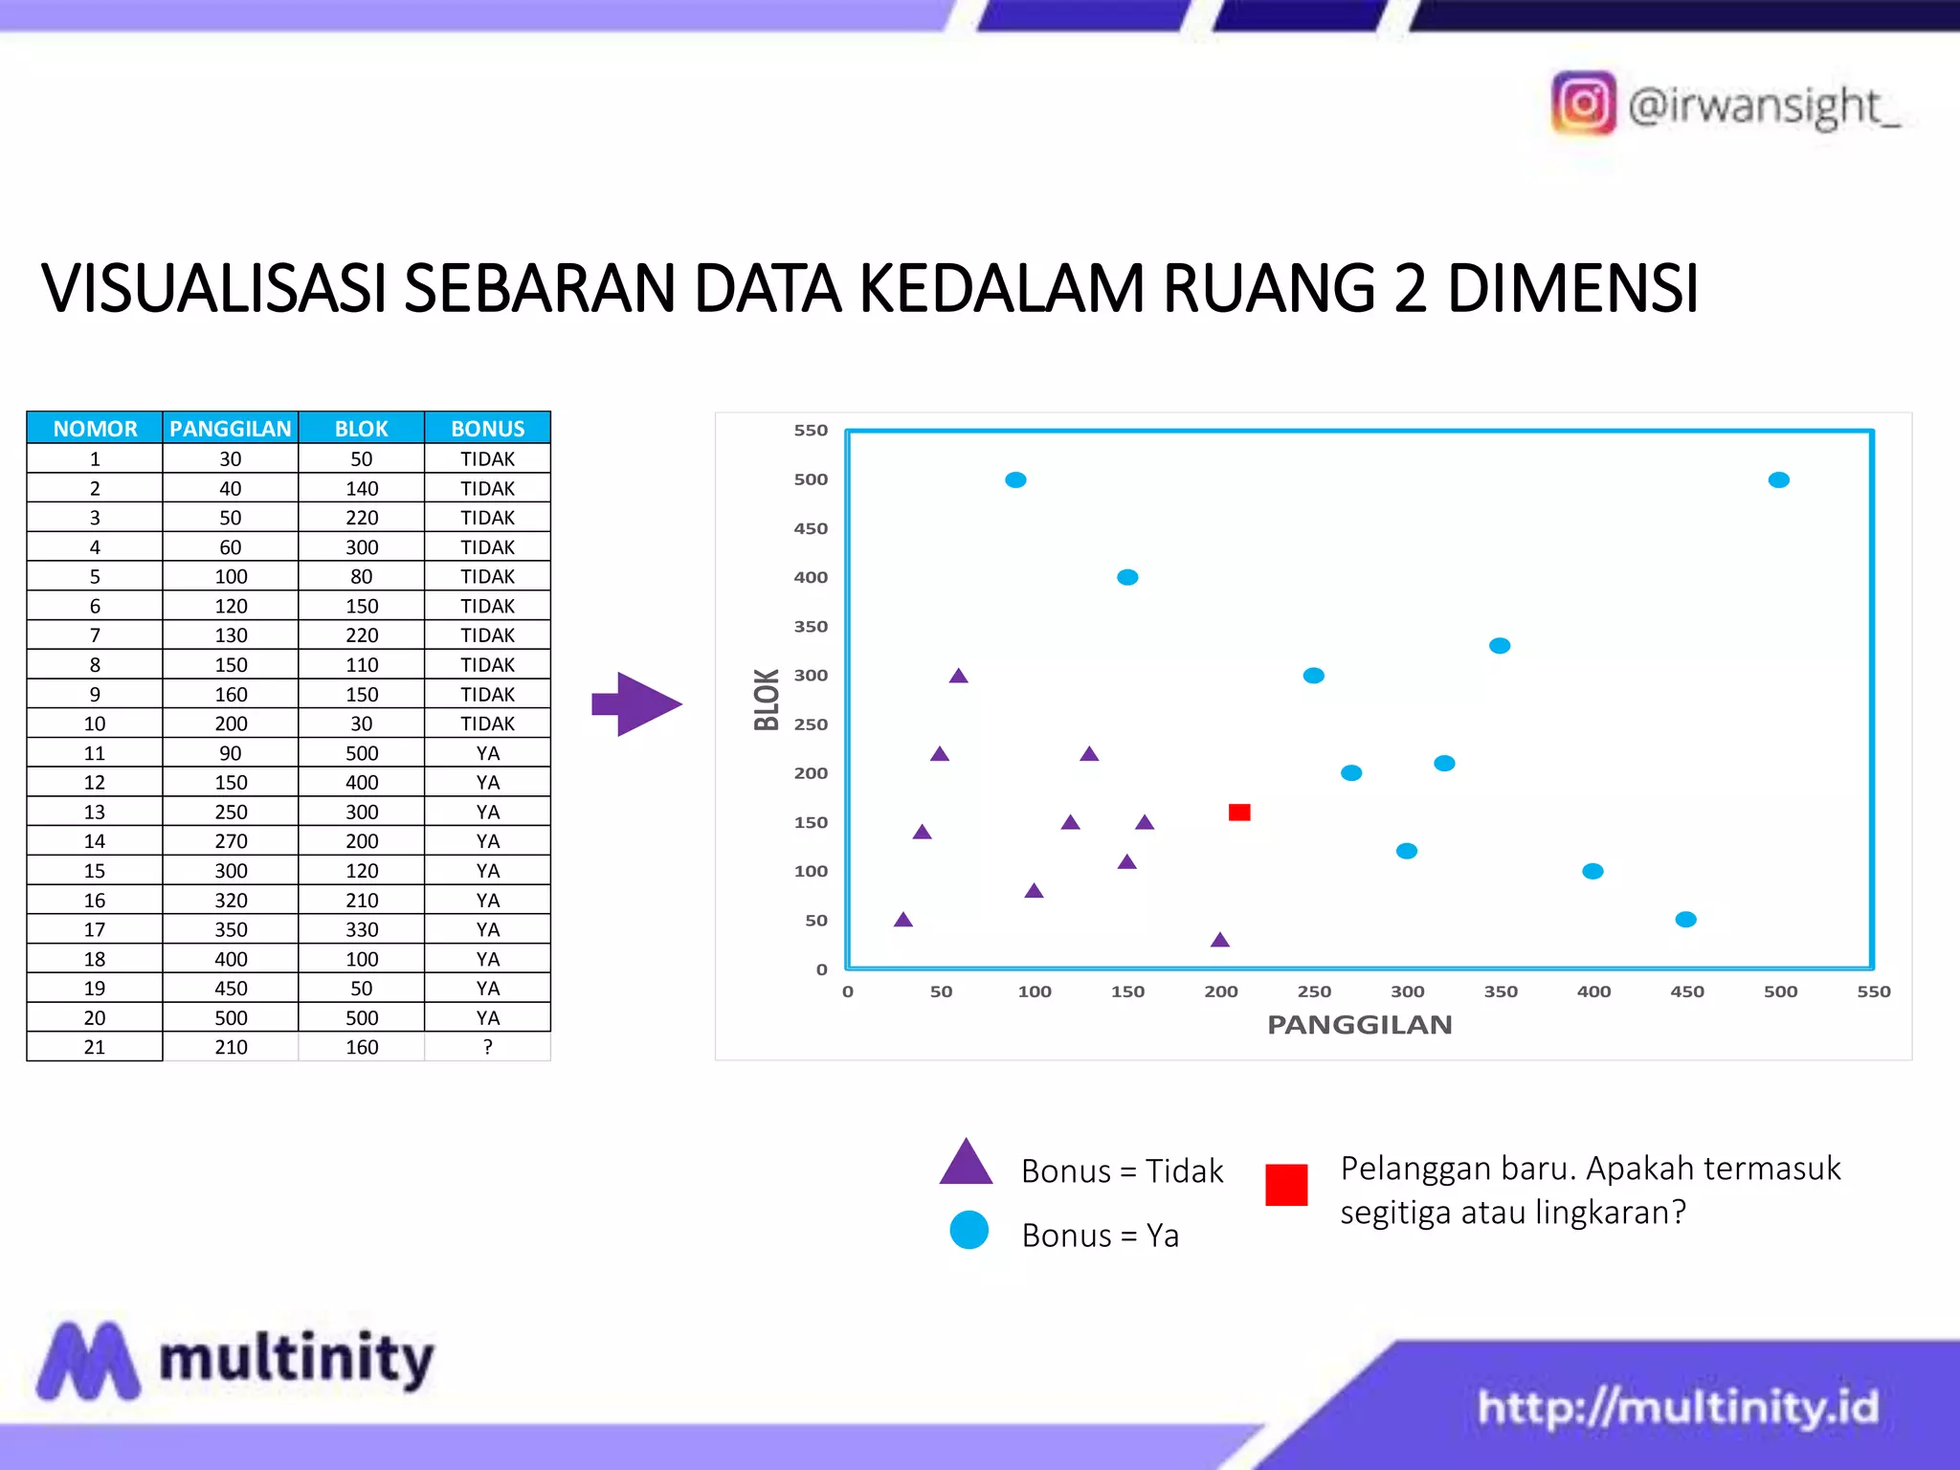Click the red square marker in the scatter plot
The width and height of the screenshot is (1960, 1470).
pyautogui.click(x=1239, y=812)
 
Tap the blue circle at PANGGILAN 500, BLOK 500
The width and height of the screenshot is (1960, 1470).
pyautogui.click(x=1778, y=479)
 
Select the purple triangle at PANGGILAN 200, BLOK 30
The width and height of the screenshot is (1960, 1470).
pyautogui.click(x=1219, y=940)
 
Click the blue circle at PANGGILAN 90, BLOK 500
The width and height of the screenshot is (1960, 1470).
pyautogui.click(x=1015, y=479)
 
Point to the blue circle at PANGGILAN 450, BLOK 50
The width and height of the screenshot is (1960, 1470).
pyautogui.click(x=1685, y=920)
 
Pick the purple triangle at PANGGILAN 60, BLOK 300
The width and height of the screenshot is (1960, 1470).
pyautogui.click(x=958, y=676)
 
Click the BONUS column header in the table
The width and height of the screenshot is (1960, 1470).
pyautogui.click(x=487, y=428)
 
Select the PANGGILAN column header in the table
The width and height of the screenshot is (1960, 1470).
pyautogui.click(x=231, y=428)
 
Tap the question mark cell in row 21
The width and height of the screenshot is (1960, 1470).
pyautogui.click(x=487, y=1047)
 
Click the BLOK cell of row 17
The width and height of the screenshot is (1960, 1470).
pyautogui.click(x=362, y=929)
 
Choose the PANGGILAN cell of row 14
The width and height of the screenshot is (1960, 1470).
pyautogui.click(x=231, y=841)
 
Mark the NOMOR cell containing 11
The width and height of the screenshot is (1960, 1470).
pyautogui.click(x=95, y=753)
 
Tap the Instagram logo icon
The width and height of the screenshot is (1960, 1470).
pyautogui.click(x=1583, y=103)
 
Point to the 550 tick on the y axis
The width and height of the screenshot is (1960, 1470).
pyautogui.click(x=811, y=431)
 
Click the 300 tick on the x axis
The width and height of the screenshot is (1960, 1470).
pyautogui.click(x=1407, y=991)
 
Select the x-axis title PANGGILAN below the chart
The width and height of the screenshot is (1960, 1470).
pyautogui.click(x=1359, y=1025)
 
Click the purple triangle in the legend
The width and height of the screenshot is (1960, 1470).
pyautogui.click(x=967, y=1164)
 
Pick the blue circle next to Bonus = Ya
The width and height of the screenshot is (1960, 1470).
pyautogui.click(x=969, y=1231)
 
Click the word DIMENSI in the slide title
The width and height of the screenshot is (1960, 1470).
pyautogui.click(x=1572, y=288)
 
